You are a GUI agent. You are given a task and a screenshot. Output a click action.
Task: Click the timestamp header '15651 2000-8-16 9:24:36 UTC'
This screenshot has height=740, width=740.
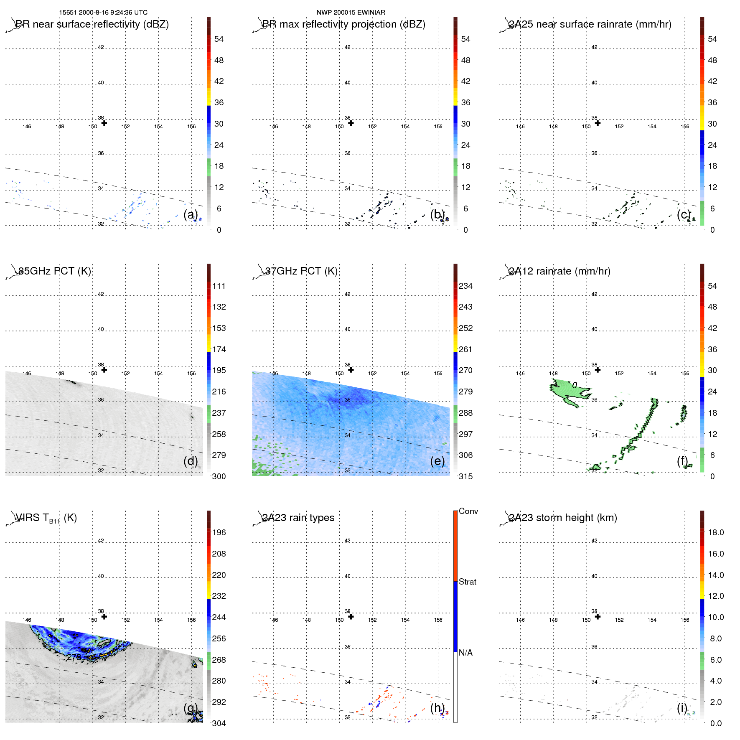click(103, 13)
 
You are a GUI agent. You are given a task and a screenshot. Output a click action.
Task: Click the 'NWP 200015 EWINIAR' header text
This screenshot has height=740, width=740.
click(351, 13)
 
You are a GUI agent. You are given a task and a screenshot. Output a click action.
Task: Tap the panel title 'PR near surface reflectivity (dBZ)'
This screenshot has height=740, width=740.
click(92, 24)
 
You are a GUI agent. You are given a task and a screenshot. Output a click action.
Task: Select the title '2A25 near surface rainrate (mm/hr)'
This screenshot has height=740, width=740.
click(590, 24)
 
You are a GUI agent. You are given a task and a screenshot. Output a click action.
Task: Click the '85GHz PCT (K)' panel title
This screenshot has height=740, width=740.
click(54, 271)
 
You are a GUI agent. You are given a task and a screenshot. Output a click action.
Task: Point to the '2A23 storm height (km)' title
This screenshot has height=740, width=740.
click(562, 518)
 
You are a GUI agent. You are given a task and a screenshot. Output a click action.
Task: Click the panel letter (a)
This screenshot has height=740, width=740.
click(191, 214)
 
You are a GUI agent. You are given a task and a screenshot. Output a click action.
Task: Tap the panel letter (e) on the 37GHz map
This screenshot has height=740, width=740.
click(437, 461)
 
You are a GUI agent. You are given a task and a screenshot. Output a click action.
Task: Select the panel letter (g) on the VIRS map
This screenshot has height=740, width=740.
click(191, 707)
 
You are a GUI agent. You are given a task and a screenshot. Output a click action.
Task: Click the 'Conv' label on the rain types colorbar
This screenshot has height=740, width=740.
click(468, 511)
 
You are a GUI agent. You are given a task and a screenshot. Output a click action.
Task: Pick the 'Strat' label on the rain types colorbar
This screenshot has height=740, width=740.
click(467, 582)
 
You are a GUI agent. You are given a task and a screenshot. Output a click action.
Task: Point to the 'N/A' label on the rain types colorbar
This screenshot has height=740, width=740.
click(465, 653)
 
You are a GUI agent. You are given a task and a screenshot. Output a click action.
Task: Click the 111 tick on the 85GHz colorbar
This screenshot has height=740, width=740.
click(219, 286)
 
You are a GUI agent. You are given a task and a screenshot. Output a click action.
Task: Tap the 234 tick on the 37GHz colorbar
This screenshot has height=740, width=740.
click(465, 286)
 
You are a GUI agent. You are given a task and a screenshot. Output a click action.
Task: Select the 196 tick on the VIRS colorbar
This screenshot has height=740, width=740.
click(219, 532)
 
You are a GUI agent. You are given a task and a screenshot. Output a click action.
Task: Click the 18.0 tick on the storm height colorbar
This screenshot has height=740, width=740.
click(715, 532)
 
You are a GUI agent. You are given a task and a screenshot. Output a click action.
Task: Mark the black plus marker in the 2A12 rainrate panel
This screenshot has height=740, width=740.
click(598, 370)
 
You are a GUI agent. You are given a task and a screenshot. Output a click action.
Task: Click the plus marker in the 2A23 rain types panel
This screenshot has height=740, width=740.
click(351, 616)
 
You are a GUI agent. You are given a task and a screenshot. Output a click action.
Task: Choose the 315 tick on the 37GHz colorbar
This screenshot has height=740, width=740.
click(465, 476)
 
